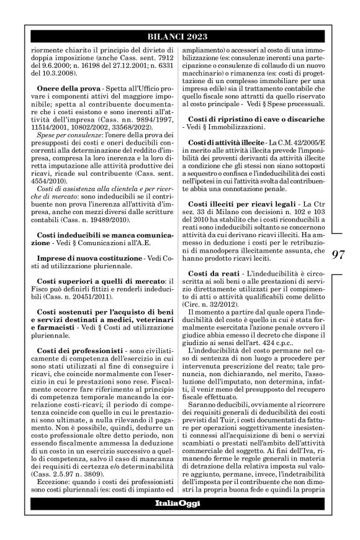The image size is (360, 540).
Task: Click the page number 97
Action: pos(339,254)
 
